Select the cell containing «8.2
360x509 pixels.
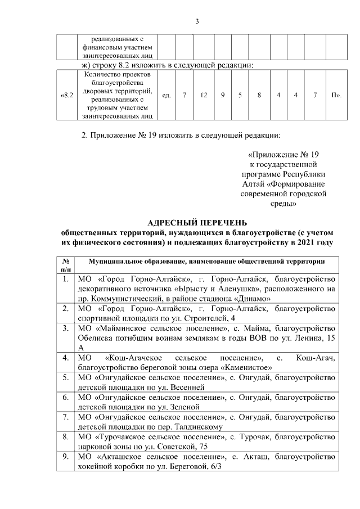[x=66, y=95]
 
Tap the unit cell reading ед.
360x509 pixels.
[x=166, y=95]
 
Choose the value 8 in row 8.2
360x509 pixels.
[x=259, y=95]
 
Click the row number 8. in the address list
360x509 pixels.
[x=66, y=436]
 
